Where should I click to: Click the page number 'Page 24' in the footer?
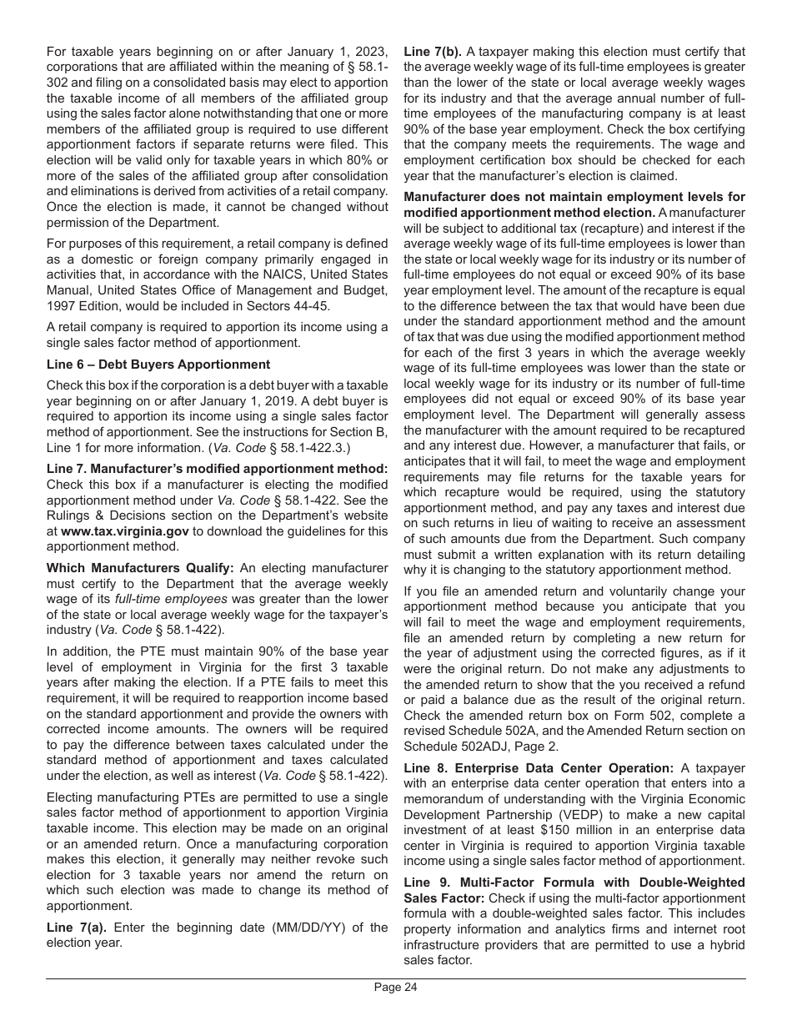(395, 988)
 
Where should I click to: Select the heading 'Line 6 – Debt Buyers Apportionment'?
(158, 364)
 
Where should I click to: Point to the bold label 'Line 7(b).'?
(433, 51)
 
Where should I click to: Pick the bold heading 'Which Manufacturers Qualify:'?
(140, 567)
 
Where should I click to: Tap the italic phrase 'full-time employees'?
(171, 598)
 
